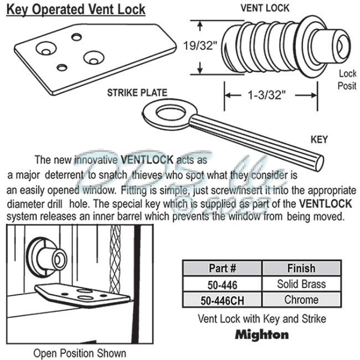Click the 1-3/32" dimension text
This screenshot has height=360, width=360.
[266, 94]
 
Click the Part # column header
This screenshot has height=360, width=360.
[223, 268]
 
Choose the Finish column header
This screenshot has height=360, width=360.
[301, 268]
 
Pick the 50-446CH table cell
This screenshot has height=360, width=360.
[223, 299]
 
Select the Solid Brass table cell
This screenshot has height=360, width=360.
[301, 284]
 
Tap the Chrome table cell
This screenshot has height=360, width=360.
[301, 299]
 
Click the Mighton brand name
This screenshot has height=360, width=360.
[262, 334]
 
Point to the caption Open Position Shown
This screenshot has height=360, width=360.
[79, 353]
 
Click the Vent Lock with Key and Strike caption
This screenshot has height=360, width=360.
[262, 319]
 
